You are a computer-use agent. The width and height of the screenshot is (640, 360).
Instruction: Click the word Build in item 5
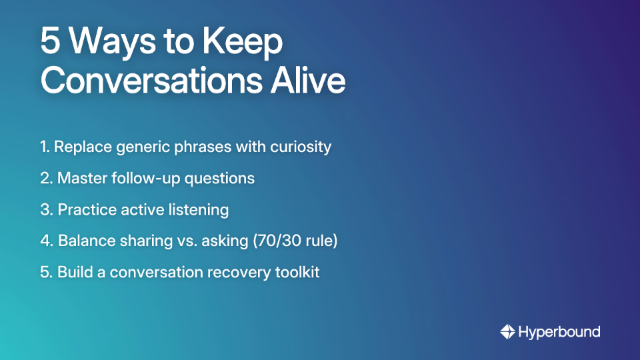tap(73, 273)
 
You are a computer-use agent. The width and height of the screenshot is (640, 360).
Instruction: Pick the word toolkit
tap(297, 273)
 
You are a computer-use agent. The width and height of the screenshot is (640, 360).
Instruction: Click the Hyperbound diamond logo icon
tap(507, 331)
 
